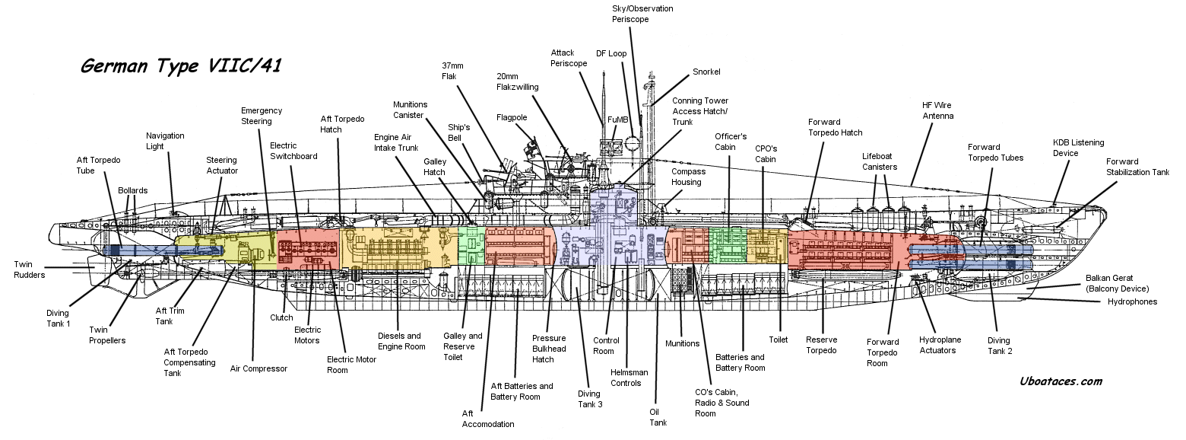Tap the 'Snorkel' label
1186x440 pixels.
(x=706, y=72)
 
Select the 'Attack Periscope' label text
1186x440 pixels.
(x=569, y=58)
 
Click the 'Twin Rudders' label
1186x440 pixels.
(x=29, y=269)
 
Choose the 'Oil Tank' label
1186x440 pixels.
(x=658, y=417)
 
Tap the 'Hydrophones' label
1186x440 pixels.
(x=1127, y=301)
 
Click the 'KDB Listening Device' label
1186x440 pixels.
(x=1078, y=148)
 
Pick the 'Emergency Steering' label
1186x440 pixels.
(x=262, y=116)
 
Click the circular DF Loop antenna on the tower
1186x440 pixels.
(x=633, y=143)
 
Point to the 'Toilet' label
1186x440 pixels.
(x=778, y=340)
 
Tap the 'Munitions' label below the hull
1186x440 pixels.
(x=682, y=343)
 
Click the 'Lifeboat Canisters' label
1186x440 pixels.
(x=880, y=161)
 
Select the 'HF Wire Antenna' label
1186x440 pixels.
(x=938, y=110)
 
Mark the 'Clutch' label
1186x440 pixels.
(x=281, y=318)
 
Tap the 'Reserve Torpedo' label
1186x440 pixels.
(x=821, y=345)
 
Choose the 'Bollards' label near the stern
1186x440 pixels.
(x=132, y=190)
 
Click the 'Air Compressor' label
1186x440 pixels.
(x=258, y=368)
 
